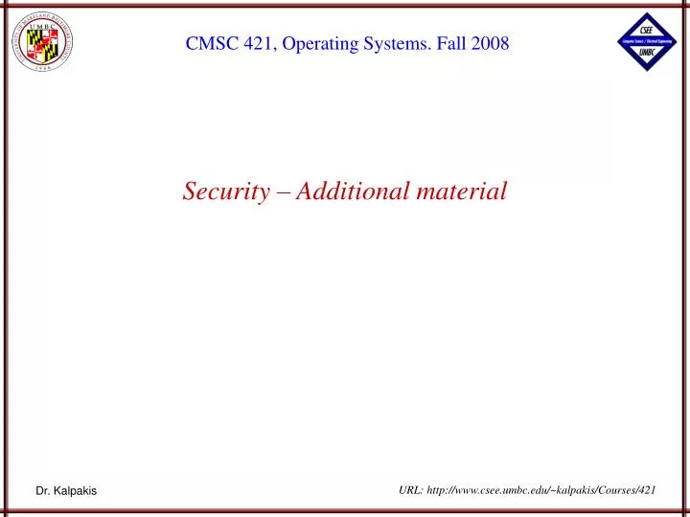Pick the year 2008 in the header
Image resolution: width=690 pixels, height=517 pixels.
[x=487, y=43]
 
